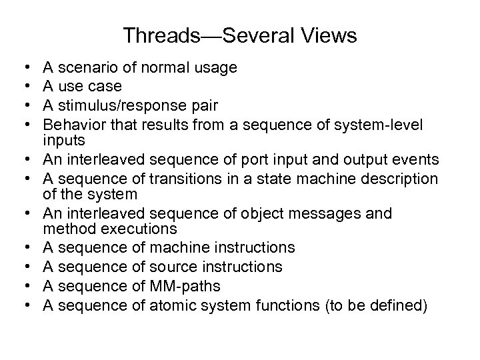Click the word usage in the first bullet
pyautogui.click(x=217, y=67)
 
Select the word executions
pyautogui.click(x=139, y=228)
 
